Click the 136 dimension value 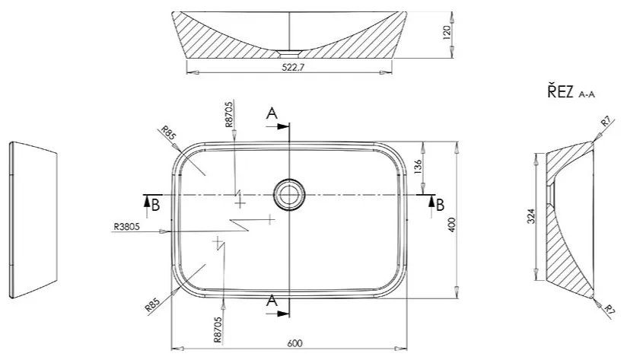point(417,166)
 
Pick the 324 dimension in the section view point(530,218)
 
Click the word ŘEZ point(560,93)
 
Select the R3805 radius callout point(126,226)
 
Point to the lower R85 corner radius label point(151,305)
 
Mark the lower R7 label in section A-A point(609,309)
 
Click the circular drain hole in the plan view point(289,193)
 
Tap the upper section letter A point(272,114)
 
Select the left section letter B point(155,203)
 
